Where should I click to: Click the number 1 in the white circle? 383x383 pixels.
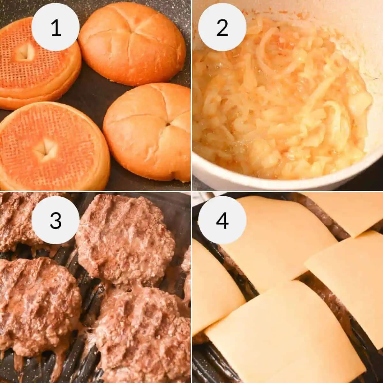tap(56, 27)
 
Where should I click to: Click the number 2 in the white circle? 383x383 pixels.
tap(222, 27)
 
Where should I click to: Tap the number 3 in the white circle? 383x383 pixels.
tap(56, 220)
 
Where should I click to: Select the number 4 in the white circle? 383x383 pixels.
tap(222, 220)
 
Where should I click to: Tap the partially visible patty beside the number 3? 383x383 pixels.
tap(16, 223)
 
